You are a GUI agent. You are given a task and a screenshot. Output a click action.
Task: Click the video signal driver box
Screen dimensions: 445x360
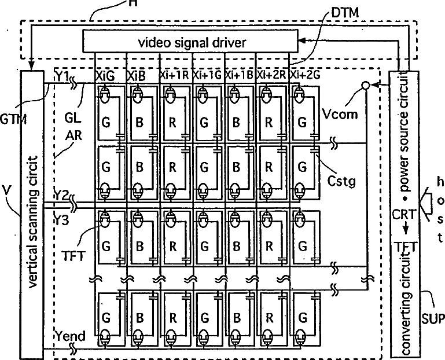[191, 42]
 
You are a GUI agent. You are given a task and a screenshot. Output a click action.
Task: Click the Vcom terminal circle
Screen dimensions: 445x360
[365, 85]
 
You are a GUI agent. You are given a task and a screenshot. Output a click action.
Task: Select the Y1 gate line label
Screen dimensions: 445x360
[62, 76]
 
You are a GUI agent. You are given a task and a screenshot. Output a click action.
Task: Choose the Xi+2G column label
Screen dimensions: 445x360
[304, 75]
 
